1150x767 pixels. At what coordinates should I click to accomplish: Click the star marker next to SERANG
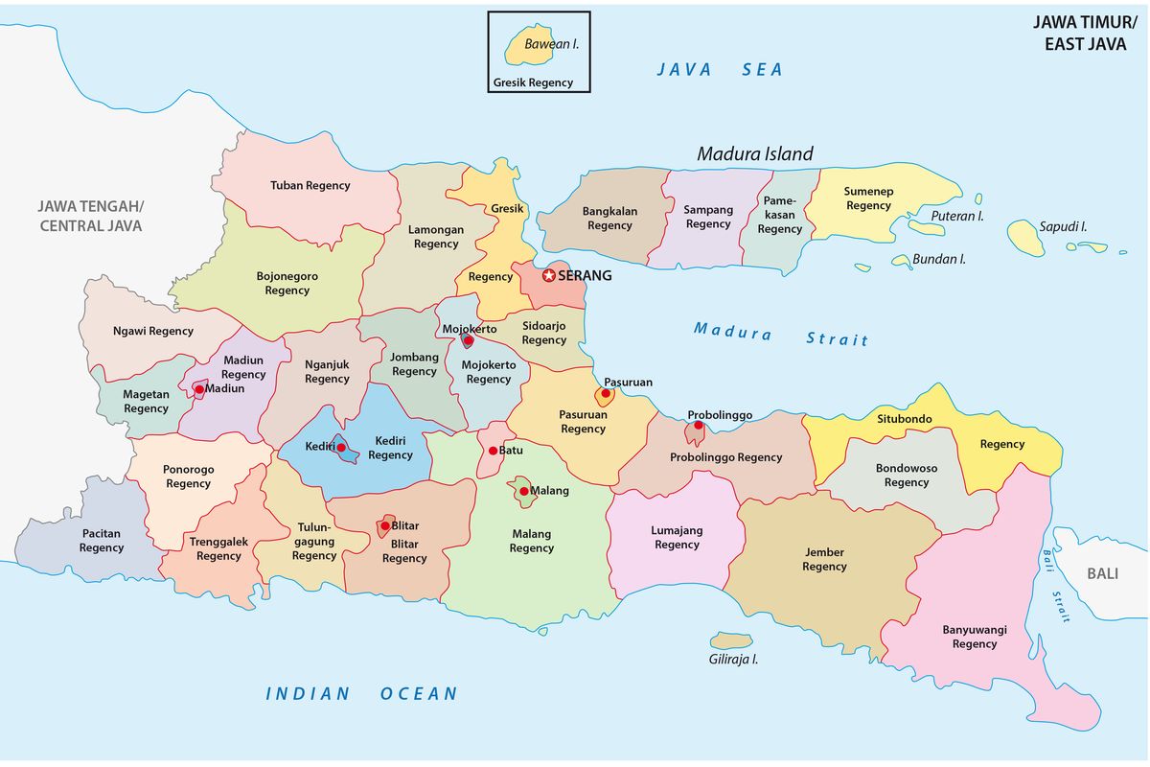(x=549, y=275)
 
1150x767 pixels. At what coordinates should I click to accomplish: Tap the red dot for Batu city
(x=493, y=451)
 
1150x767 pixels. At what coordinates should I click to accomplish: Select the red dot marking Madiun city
(x=199, y=389)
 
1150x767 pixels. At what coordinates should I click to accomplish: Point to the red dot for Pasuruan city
(x=606, y=394)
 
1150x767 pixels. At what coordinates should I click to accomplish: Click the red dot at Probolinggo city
(x=699, y=426)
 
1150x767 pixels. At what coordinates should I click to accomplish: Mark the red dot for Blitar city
(x=385, y=525)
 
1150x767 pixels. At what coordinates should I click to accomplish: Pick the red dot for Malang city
(x=524, y=492)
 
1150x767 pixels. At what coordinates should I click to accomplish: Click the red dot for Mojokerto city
(x=468, y=340)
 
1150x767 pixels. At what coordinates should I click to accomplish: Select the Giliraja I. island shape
(x=732, y=639)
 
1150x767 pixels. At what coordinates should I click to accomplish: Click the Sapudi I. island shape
(x=1025, y=237)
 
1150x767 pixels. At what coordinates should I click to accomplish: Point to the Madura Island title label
(x=754, y=153)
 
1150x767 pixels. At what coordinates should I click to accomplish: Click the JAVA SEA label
(x=720, y=69)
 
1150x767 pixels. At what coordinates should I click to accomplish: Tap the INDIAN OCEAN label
(x=361, y=693)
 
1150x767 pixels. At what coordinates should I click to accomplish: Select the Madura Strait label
(x=781, y=335)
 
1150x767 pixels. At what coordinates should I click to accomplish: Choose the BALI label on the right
(x=1102, y=573)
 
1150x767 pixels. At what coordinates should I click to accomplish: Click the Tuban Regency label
(x=310, y=185)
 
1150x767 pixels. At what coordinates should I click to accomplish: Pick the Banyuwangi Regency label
(x=975, y=637)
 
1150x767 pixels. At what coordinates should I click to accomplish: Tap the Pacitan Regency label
(x=102, y=541)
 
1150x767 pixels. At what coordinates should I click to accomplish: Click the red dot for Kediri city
(x=340, y=448)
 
